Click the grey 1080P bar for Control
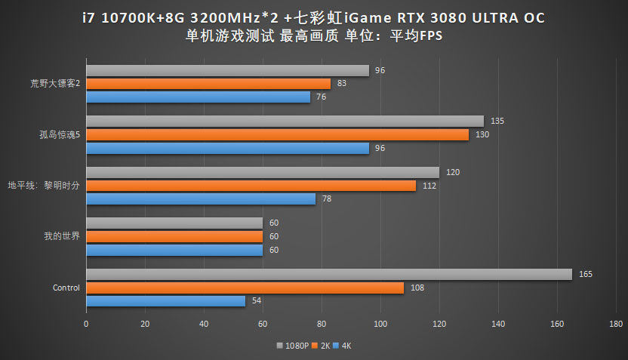click(x=328, y=275)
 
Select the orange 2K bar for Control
click(x=245, y=288)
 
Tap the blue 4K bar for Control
click(x=165, y=301)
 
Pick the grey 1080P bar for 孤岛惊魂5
click(x=285, y=121)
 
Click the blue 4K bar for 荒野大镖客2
click(x=198, y=97)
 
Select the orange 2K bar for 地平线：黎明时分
click(x=251, y=186)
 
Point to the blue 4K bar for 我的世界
click(x=174, y=250)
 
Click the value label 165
click(x=586, y=274)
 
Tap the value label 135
click(x=497, y=121)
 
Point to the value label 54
click(x=257, y=301)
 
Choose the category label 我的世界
click(x=62, y=236)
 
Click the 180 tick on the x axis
click(x=616, y=324)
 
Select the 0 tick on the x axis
click(x=86, y=324)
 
